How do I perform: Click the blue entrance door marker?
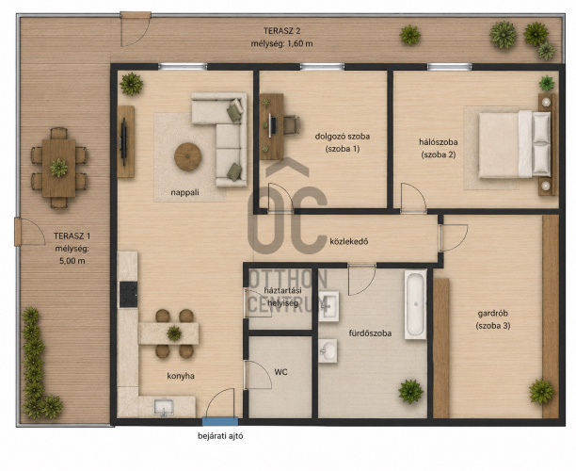(x=220, y=421)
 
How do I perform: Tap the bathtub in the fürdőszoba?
(x=415, y=304)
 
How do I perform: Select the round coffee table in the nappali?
(x=187, y=157)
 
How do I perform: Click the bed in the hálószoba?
(x=515, y=145)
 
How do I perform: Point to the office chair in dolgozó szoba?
(x=292, y=125)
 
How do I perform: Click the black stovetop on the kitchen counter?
(x=128, y=295)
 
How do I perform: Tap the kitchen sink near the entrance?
(x=164, y=407)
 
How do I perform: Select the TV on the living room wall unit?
(x=124, y=141)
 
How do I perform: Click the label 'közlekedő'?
(x=349, y=241)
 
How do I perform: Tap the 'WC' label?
(x=281, y=372)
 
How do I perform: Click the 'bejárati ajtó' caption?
(x=220, y=436)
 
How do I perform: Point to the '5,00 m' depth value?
(x=72, y=261)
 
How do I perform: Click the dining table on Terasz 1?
(x=58, y=168)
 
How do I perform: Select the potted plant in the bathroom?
(x=410, y=391)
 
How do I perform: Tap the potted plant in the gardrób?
(x=542, y=392)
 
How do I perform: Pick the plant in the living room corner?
(x=131, y=84)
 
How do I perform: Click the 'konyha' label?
(x=181, y=376)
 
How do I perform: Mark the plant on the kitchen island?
(x=174, y=333)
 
